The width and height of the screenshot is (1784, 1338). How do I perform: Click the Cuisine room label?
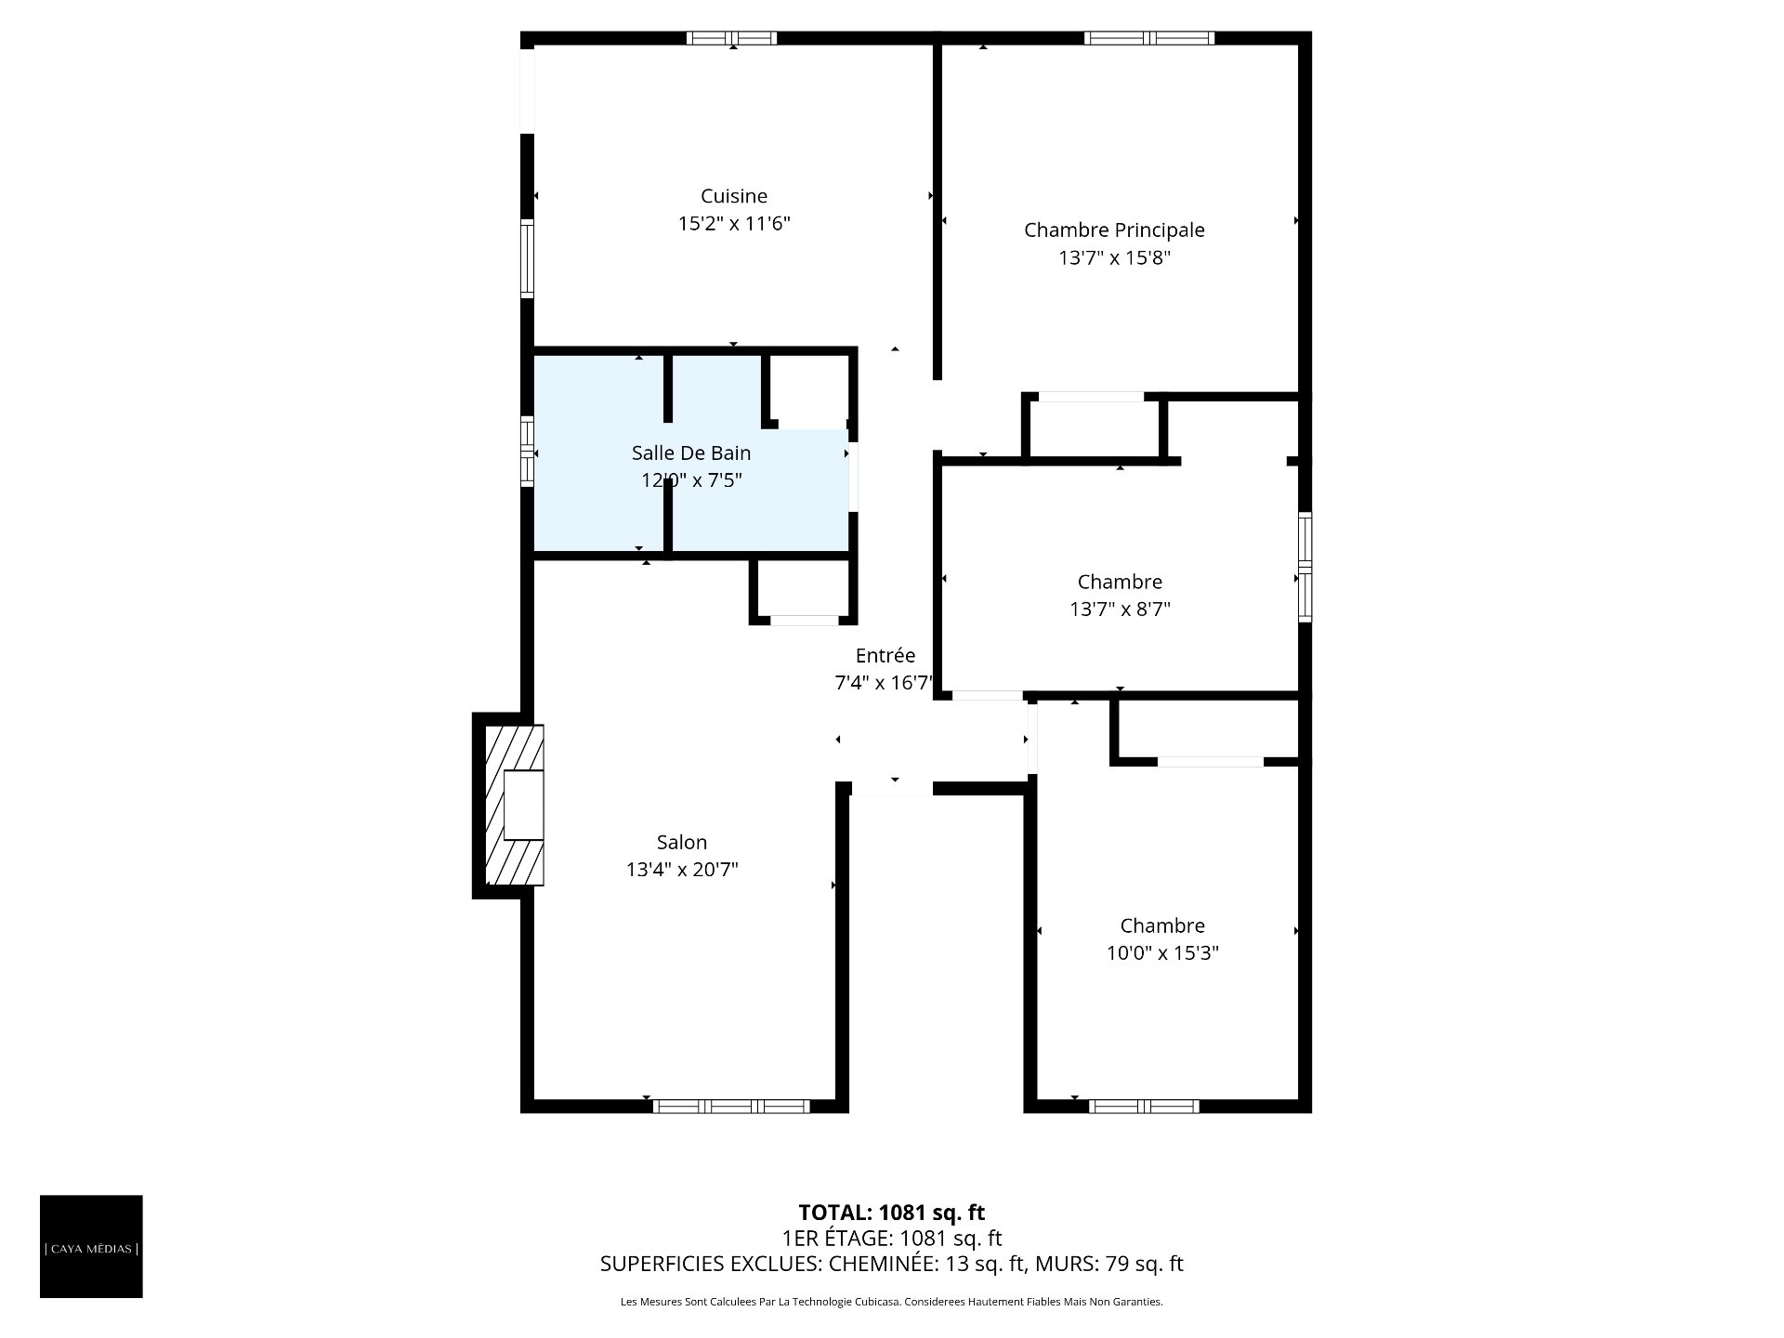click(x=734, y=196)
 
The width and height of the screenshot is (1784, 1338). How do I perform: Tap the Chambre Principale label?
click(x=1114, y=230)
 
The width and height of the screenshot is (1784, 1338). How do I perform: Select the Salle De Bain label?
click(x=691, y=453)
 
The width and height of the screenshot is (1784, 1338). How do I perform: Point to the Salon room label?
click(x=682, y=842)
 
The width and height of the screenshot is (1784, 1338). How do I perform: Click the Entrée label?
click(x=885, y=655)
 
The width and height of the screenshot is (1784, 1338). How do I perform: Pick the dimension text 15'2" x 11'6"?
click(x=734, y=224)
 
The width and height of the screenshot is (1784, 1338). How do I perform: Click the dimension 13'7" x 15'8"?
click(x=1114, y=257)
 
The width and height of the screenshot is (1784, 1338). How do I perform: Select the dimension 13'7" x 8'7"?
click(x=1120, y=610)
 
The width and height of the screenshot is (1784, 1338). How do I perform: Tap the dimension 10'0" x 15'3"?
click(x=1162, y=953)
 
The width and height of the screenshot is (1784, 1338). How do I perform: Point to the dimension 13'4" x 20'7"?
click(x=682, y=870)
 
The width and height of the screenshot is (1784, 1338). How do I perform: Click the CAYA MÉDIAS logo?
click(x=91, y=1246)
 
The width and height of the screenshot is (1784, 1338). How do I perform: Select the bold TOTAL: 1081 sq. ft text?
click(x=892, y=1213)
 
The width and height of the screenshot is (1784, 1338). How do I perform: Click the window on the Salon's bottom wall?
click(x=731, y=1106)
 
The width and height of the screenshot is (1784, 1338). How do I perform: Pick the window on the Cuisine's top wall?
click(x=732, y=38)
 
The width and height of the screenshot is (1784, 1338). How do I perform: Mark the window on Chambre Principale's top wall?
click(x=1149, y=38)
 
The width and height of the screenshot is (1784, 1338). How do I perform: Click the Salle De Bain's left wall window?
click(x=527, y=452)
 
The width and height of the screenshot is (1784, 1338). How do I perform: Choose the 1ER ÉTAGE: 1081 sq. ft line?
click(x=892, y=1239)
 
